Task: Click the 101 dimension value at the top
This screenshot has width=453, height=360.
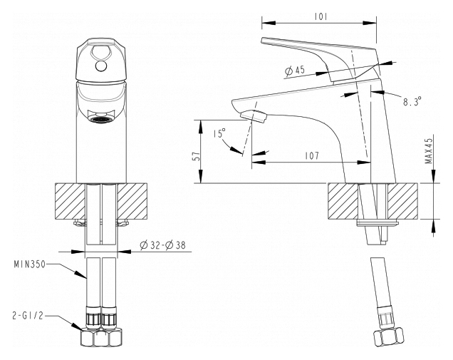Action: pyautogui.click(x=321, y=17)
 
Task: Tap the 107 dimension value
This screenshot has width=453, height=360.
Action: pyautogui.click(x=312, y=155)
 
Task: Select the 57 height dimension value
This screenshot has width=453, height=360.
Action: pyautogui.click(x=197, y=156)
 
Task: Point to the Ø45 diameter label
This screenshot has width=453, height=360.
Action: pyautogui.click(x=294, y=71)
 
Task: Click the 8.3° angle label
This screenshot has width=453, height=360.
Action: pyautogui.click(x=412, y=101)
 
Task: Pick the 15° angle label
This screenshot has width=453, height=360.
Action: pyautogui.click(x=219, y=133)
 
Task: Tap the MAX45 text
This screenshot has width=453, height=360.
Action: pyautogui.click(x=429, y=150)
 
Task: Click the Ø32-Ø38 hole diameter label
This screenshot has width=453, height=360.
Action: pyautogui.click(x=162, y=245)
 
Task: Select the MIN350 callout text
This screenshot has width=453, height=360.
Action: pyautogui.click(x=30, y=264)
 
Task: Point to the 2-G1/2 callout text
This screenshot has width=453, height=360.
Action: pyautogui.click(x=28, y=316)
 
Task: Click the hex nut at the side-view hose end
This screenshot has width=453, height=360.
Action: pyautogui.click(x=388, y=336)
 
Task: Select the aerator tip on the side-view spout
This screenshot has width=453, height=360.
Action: pyautogui.click(x=254, y=116)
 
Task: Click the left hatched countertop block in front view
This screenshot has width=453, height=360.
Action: pyautogui.click(x=71, y=202)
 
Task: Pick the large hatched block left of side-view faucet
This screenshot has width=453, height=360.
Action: pyautogui.click(x=343, y=201)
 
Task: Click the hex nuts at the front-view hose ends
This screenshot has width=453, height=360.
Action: pyautogui.click(x=101, y=337)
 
